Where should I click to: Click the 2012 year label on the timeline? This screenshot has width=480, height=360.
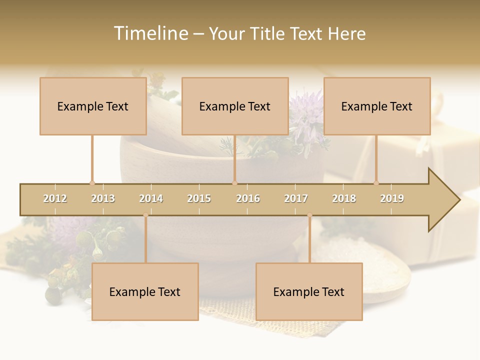tap(55, 199)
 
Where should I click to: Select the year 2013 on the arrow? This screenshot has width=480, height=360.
tap(103, 199)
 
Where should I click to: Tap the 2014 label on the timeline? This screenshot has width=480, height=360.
tap(151, 199)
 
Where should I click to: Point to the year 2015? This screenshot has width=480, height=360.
tap(199, 199)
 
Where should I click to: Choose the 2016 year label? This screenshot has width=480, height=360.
tap(248, 199)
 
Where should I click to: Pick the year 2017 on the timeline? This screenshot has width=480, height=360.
tap(296, 199)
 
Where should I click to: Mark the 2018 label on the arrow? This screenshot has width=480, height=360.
tap(344, 199)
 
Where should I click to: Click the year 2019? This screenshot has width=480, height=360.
tap(392, 199)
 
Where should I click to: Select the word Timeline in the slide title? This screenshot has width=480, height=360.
tap(150, 33)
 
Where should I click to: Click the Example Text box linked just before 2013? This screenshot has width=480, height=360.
tap(93, 106)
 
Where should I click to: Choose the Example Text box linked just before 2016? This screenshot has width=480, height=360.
tap(235, 106)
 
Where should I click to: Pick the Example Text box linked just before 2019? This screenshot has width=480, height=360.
tap(377, 106)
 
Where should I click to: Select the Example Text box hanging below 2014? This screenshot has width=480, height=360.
tap(145, 291)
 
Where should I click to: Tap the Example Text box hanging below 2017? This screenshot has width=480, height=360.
tap(309, 291)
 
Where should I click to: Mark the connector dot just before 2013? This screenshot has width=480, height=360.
tap(92, 183)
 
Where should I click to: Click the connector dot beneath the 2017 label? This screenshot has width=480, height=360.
tap(309, 215)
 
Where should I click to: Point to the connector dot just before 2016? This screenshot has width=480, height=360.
tap(234, 183)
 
